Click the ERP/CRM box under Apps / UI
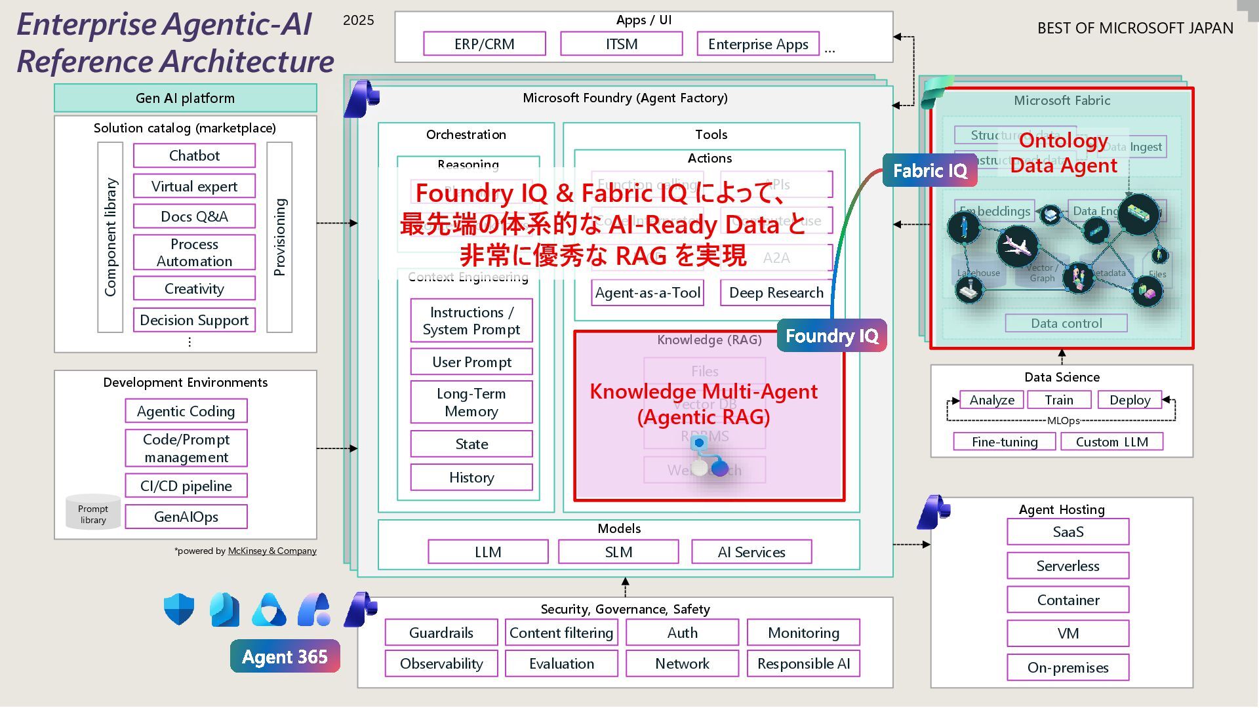click(485, 44)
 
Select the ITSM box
click(621, 44)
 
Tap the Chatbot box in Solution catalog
click(194, 155)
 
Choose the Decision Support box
click(194, 320)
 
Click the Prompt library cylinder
click(93, 512)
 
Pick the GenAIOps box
click(186, 517)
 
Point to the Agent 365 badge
click(285, 656)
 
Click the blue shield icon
click(179, 609)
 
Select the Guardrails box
click(441, 633)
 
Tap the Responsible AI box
click(803, 663)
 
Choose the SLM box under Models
click(618, 552)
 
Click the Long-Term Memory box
click(471, 402)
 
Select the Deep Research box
click(776, 292)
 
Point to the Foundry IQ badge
click(831, 336)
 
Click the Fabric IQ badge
click(930, 170)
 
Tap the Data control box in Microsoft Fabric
click(1066, 323)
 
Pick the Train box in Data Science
click(1059, 400)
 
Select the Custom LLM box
click(1111, 442)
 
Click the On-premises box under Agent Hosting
click(1068, 667)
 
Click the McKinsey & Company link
click(272, 551)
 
